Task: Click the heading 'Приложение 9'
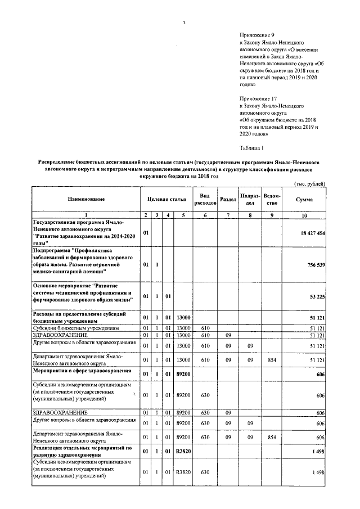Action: click(x=256, y=35)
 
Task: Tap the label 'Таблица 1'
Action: click(x=251, y=148)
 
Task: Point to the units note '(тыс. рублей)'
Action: click(x=309, y=184)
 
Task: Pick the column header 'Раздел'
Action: click(x=228, y=200)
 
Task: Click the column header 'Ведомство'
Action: click(x=272, y=200)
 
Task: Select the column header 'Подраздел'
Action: click(x=249, y=200)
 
